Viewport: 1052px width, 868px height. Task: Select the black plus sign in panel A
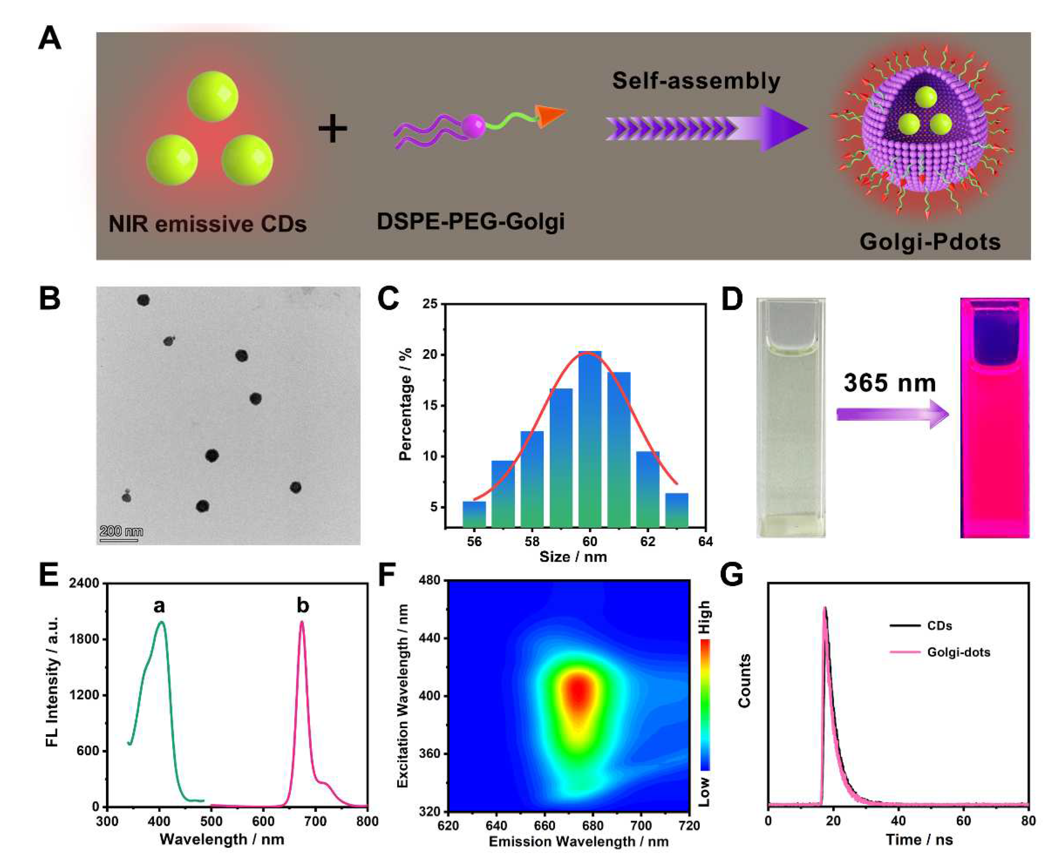pyautogui.click(x=332, y=129)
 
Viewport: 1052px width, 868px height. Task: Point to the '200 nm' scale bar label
pyautogui.click(x=121, y=531)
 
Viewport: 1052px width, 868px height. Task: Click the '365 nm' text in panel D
pyautogui.click(x=889, y=383)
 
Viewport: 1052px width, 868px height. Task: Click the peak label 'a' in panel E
pyautogui.click(x=159, y=606)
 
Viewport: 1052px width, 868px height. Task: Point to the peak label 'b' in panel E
pyautogui.click(x=302, y=606)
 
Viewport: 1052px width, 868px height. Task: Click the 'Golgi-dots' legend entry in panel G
pyautogui.click(x=958, y=653)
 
